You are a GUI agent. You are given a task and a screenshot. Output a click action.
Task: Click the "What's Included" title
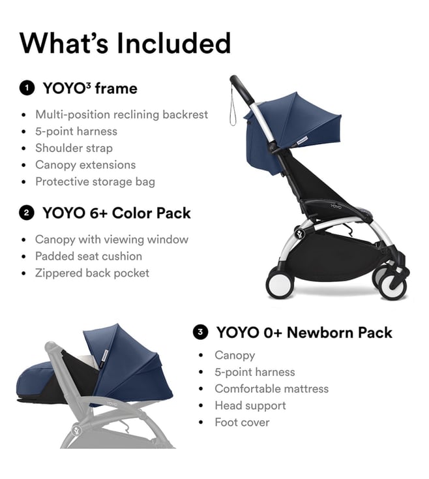125,43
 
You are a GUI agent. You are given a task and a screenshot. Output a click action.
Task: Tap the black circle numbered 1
27,88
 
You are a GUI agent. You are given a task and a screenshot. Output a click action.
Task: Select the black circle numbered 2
27,213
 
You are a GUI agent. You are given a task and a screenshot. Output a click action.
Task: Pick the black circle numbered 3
200,332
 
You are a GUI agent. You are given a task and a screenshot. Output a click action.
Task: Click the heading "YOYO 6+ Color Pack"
117,213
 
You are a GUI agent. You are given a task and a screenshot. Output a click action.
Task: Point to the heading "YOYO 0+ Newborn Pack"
304,332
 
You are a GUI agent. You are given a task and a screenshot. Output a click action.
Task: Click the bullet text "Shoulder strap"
74,148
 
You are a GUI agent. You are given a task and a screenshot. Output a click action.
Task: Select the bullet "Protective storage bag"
95,182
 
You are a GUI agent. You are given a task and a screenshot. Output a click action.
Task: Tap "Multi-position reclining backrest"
122,115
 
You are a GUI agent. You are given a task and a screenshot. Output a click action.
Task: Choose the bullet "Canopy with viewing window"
111,239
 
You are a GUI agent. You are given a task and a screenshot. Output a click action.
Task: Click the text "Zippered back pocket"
92,273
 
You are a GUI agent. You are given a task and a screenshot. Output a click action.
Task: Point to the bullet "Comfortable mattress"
272,389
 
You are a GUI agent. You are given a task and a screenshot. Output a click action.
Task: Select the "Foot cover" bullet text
242,422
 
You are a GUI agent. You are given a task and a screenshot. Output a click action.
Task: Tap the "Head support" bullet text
250,406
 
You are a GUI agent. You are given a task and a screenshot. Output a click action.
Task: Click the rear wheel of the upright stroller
280,283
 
